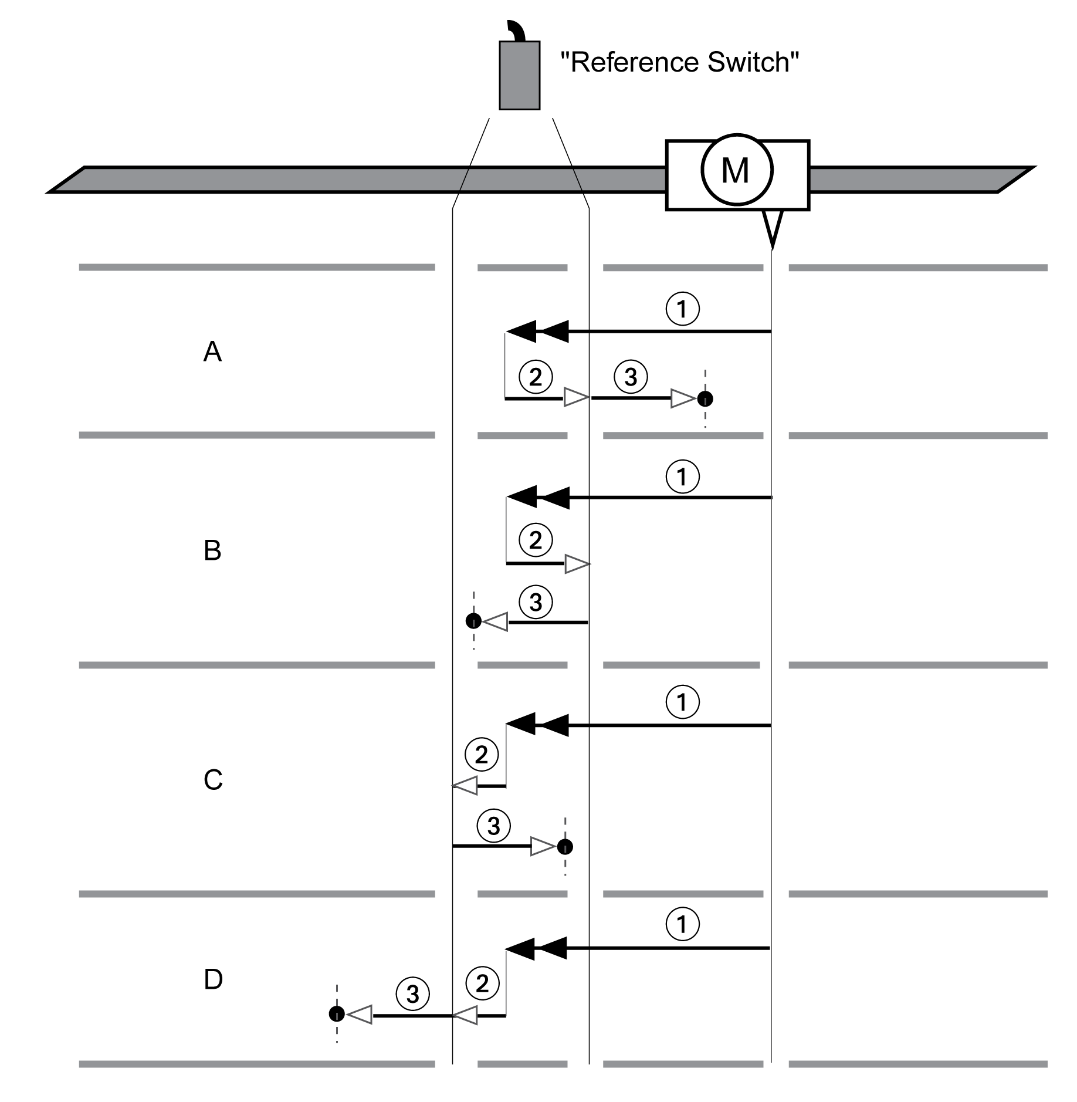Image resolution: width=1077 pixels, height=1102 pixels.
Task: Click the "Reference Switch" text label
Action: click(x=679, y=62)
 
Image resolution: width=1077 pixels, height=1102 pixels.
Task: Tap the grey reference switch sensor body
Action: click(x=519, y=75)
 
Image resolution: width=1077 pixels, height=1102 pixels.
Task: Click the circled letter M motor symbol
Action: click(x=737, y=170)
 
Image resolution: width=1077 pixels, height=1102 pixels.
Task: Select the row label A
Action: click(x=212, y=352)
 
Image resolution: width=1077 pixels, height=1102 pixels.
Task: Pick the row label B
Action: click(x=212, y=550)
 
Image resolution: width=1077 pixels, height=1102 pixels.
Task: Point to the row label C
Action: click(x=213, y=780)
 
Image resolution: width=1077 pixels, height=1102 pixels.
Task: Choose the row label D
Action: click(x=213, y=979)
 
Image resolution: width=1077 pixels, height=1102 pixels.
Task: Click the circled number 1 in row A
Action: click(x=682, y=309)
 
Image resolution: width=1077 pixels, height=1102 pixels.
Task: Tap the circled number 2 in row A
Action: click(x=536, y=377)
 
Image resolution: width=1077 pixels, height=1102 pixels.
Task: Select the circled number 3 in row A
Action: click(x=631, y=377)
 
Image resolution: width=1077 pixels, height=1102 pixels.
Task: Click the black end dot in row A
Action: click(x=705, y=399)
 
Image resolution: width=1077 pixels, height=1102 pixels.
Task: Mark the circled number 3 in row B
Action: click(x=536, y=602)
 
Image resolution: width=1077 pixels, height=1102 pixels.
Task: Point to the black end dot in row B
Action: click(x=473, y=621)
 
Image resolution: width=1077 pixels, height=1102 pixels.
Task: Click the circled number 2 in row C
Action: click(x=481, y=755)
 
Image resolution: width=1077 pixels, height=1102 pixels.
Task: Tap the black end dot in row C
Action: click(x=565, y=847)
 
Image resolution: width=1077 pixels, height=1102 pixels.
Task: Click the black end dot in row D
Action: click(x=337, y=1013)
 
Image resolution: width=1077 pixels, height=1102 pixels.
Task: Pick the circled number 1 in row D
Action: click(x=682, y=925)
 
